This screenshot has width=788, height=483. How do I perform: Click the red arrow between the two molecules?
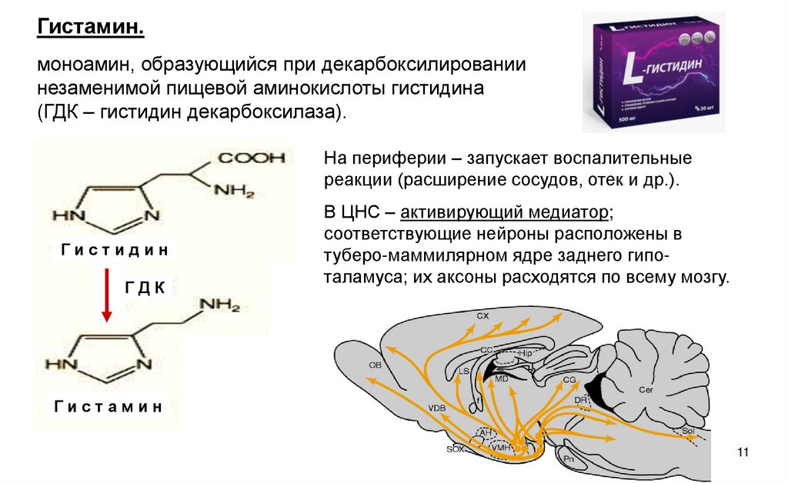tap(107, 296)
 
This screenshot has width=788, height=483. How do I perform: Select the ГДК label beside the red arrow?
tap(145, 288)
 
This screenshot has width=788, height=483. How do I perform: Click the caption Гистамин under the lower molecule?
tap(109, 407)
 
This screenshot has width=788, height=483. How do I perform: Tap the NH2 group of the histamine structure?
tap(220, 305)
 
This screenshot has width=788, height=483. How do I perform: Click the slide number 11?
tap(743, 451)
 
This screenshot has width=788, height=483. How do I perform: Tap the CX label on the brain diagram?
tap(482, 316)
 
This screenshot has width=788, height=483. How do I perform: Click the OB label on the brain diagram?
tap(375, 365)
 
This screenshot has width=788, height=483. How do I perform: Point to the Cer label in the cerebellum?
tap(646, 390)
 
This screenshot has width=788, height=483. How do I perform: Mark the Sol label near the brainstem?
tap(687, 431)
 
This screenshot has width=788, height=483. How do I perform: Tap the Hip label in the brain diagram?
tap(525, 352)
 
